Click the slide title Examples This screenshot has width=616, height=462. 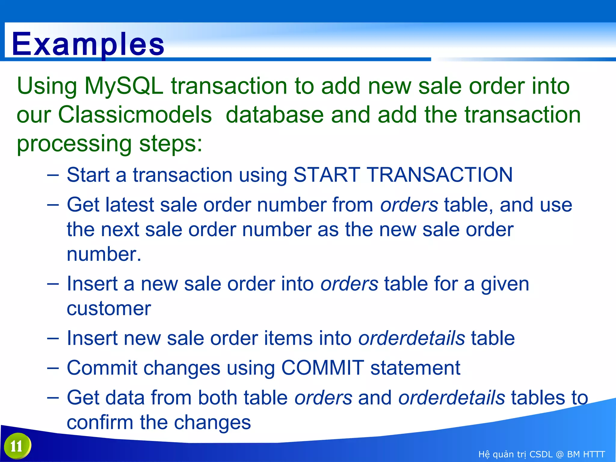tap(88, 45)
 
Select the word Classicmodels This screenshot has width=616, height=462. tap(135, 115)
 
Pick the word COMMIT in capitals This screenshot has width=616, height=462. tap(322, 368)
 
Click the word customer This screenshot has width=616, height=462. tap(109, 309)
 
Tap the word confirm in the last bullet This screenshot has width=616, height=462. tap(100, 422)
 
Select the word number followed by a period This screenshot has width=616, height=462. tap(104, 254)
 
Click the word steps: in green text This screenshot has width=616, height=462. tap(171, 144)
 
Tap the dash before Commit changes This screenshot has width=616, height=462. tap(53, 368)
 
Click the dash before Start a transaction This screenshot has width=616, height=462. tap(53, 175)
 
